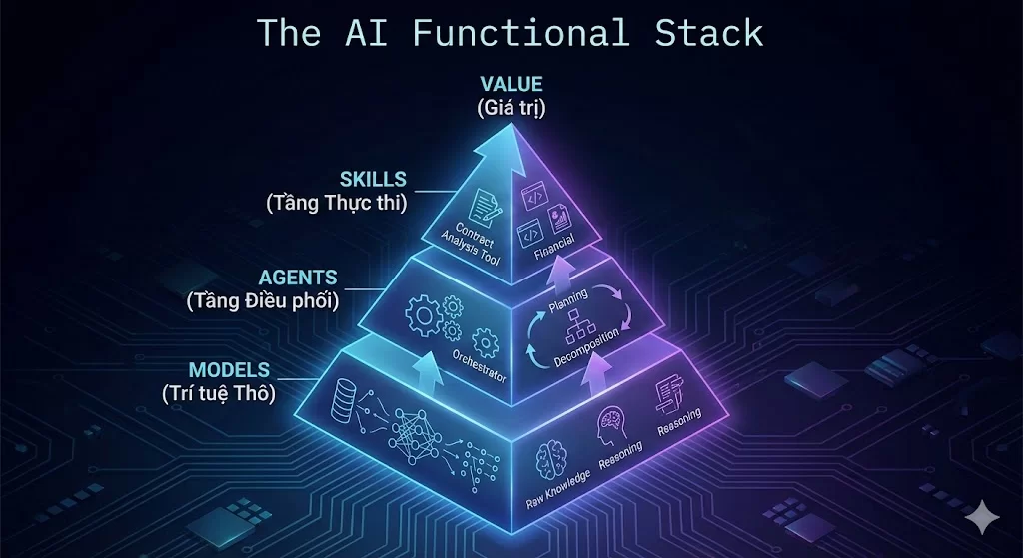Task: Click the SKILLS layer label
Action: [373, 179]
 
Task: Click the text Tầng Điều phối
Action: [263, 299]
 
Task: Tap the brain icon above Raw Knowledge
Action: [553, 456]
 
